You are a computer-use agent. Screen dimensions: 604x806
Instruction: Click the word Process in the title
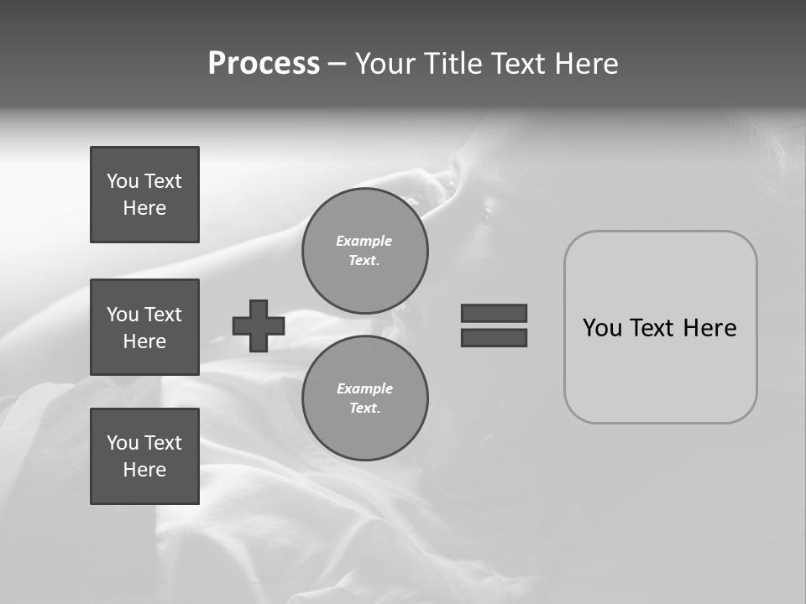tap(264, 64)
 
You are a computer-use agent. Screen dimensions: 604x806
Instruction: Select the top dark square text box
tap(144, 195)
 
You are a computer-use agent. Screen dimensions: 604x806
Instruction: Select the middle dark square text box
tap(144, 327)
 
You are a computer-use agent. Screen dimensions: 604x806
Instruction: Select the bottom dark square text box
tap(144, 456)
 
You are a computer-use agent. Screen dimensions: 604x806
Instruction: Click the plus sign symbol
tap(259, 325)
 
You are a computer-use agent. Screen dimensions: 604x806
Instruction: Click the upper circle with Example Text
tap(364, 251)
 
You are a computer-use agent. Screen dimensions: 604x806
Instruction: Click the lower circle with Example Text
tap(364, 398)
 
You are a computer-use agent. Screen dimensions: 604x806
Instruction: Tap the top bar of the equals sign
tap(494, 313)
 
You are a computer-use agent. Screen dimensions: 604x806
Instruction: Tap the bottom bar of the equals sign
tap(494, 337)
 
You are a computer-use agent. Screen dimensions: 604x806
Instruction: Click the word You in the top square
tap(123, 181)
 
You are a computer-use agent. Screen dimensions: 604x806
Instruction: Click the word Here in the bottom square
tap(144, 470)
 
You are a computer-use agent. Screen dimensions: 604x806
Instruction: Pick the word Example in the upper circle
tap(364, 241)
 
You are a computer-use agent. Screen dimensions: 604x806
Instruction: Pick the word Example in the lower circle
tap(364, 388)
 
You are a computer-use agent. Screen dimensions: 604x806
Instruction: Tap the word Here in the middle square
tap(144, 341)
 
